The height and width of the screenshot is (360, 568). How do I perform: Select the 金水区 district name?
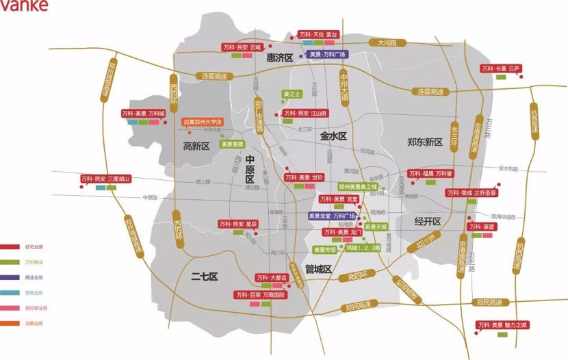tap(334, 136)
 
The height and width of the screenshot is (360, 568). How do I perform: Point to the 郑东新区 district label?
tap(425, 142)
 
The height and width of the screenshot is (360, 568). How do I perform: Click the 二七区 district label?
tap(203, 276)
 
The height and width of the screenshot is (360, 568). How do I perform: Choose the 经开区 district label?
tap(429, 221)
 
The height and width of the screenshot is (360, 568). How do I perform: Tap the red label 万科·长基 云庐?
tap(501, 68)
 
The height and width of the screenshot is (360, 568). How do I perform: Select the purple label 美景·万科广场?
tap(326, 54)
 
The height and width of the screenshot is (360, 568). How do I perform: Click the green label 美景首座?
tap(232, 144)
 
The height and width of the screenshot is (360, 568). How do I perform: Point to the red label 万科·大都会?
tap(272, 278)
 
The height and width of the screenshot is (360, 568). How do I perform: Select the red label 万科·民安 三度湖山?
tap(105, 179)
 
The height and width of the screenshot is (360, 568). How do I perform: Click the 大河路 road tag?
tap(387, 42)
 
